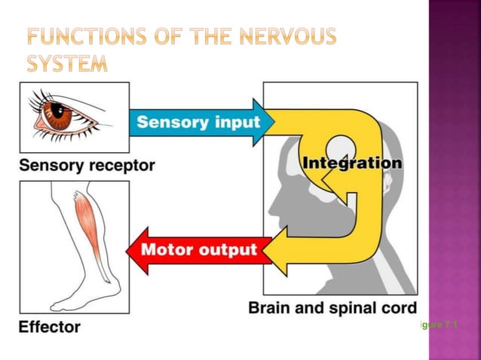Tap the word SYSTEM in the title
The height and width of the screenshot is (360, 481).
[67, 64]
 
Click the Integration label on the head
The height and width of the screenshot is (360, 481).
[351, 162]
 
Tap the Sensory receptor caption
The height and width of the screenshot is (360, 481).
[87, 165]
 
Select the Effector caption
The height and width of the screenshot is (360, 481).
[49, 327]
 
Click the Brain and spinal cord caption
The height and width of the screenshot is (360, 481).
[332, 308]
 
